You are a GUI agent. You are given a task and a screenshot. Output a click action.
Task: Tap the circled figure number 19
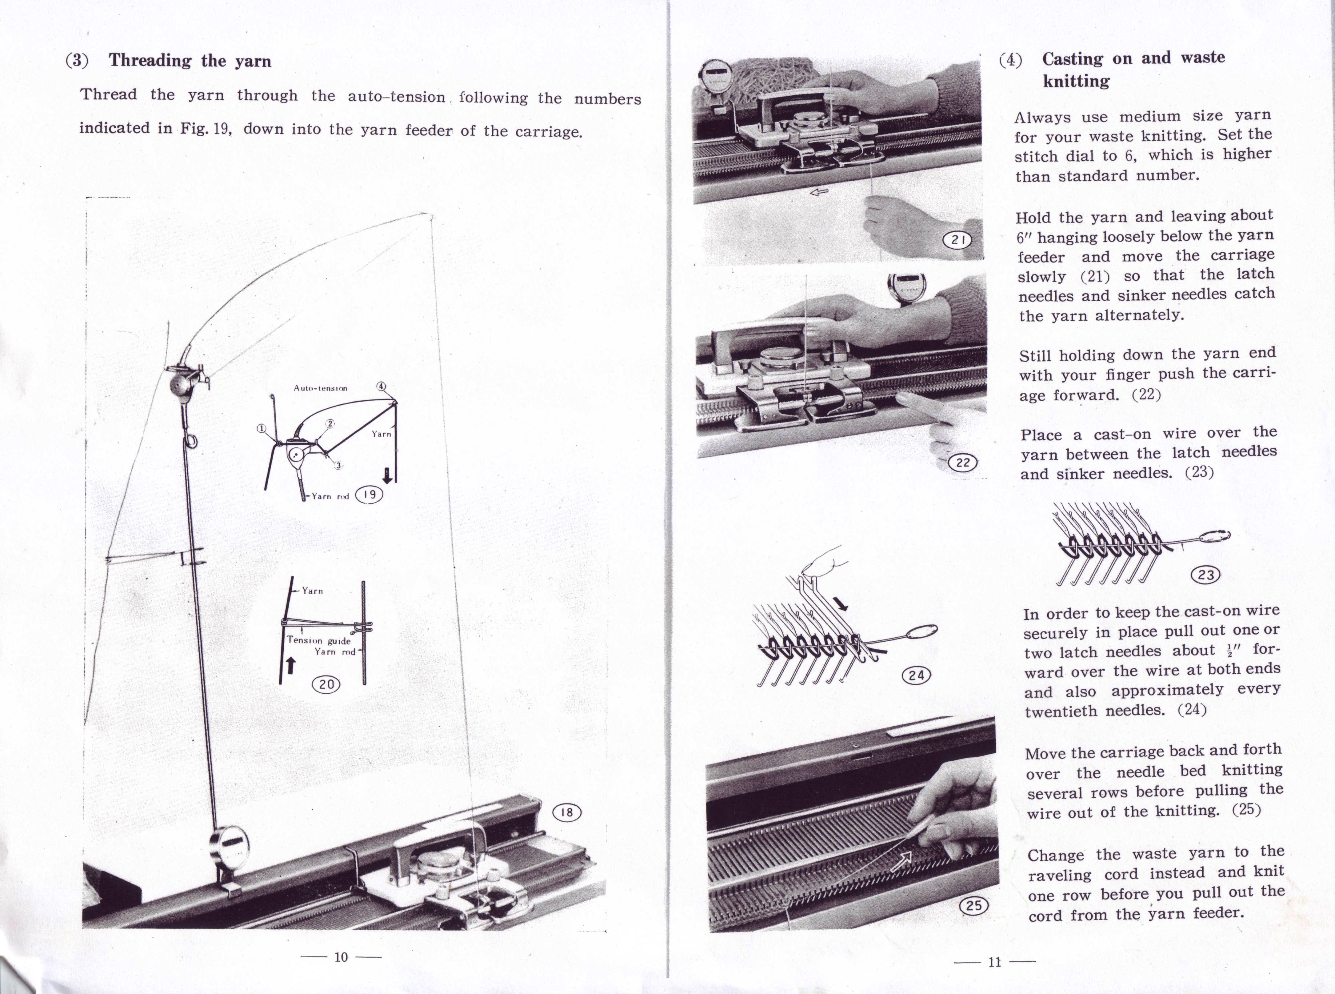click(370, 495)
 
